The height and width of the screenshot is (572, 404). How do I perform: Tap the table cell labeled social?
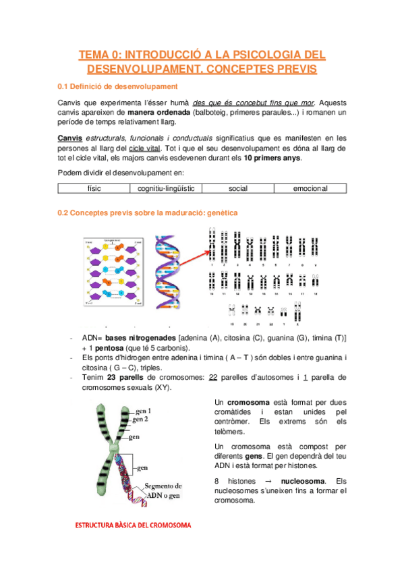click(238, 189)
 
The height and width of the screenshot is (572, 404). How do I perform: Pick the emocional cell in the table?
click(310, 189)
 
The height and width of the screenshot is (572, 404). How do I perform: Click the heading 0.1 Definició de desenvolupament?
click(117, 86)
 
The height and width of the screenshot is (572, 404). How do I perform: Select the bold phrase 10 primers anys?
click(272, 159)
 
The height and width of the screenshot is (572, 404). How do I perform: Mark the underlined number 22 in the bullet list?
click(214, 377)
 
